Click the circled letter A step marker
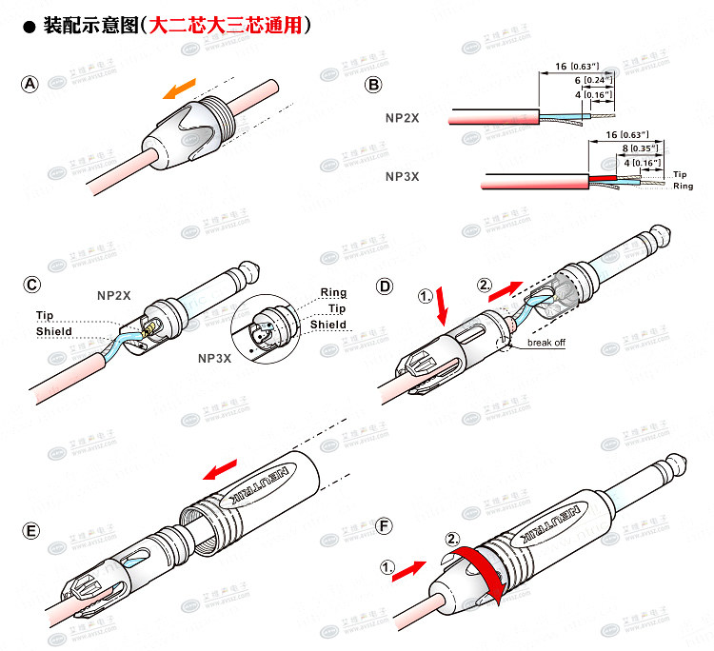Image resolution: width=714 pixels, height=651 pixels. point(30,84)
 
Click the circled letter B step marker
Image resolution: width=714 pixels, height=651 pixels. point(374,86)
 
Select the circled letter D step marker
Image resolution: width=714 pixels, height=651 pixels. point(385,286)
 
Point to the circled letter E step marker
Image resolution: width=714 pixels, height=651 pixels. point(31,531)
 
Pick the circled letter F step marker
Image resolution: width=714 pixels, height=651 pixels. point(385,525)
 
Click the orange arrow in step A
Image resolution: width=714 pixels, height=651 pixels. point(179,89)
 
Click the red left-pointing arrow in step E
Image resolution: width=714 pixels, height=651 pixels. point(221,467)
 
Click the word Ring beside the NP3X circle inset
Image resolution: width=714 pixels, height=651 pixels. point(333,293)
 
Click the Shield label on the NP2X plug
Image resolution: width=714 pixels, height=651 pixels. point(54,331)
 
